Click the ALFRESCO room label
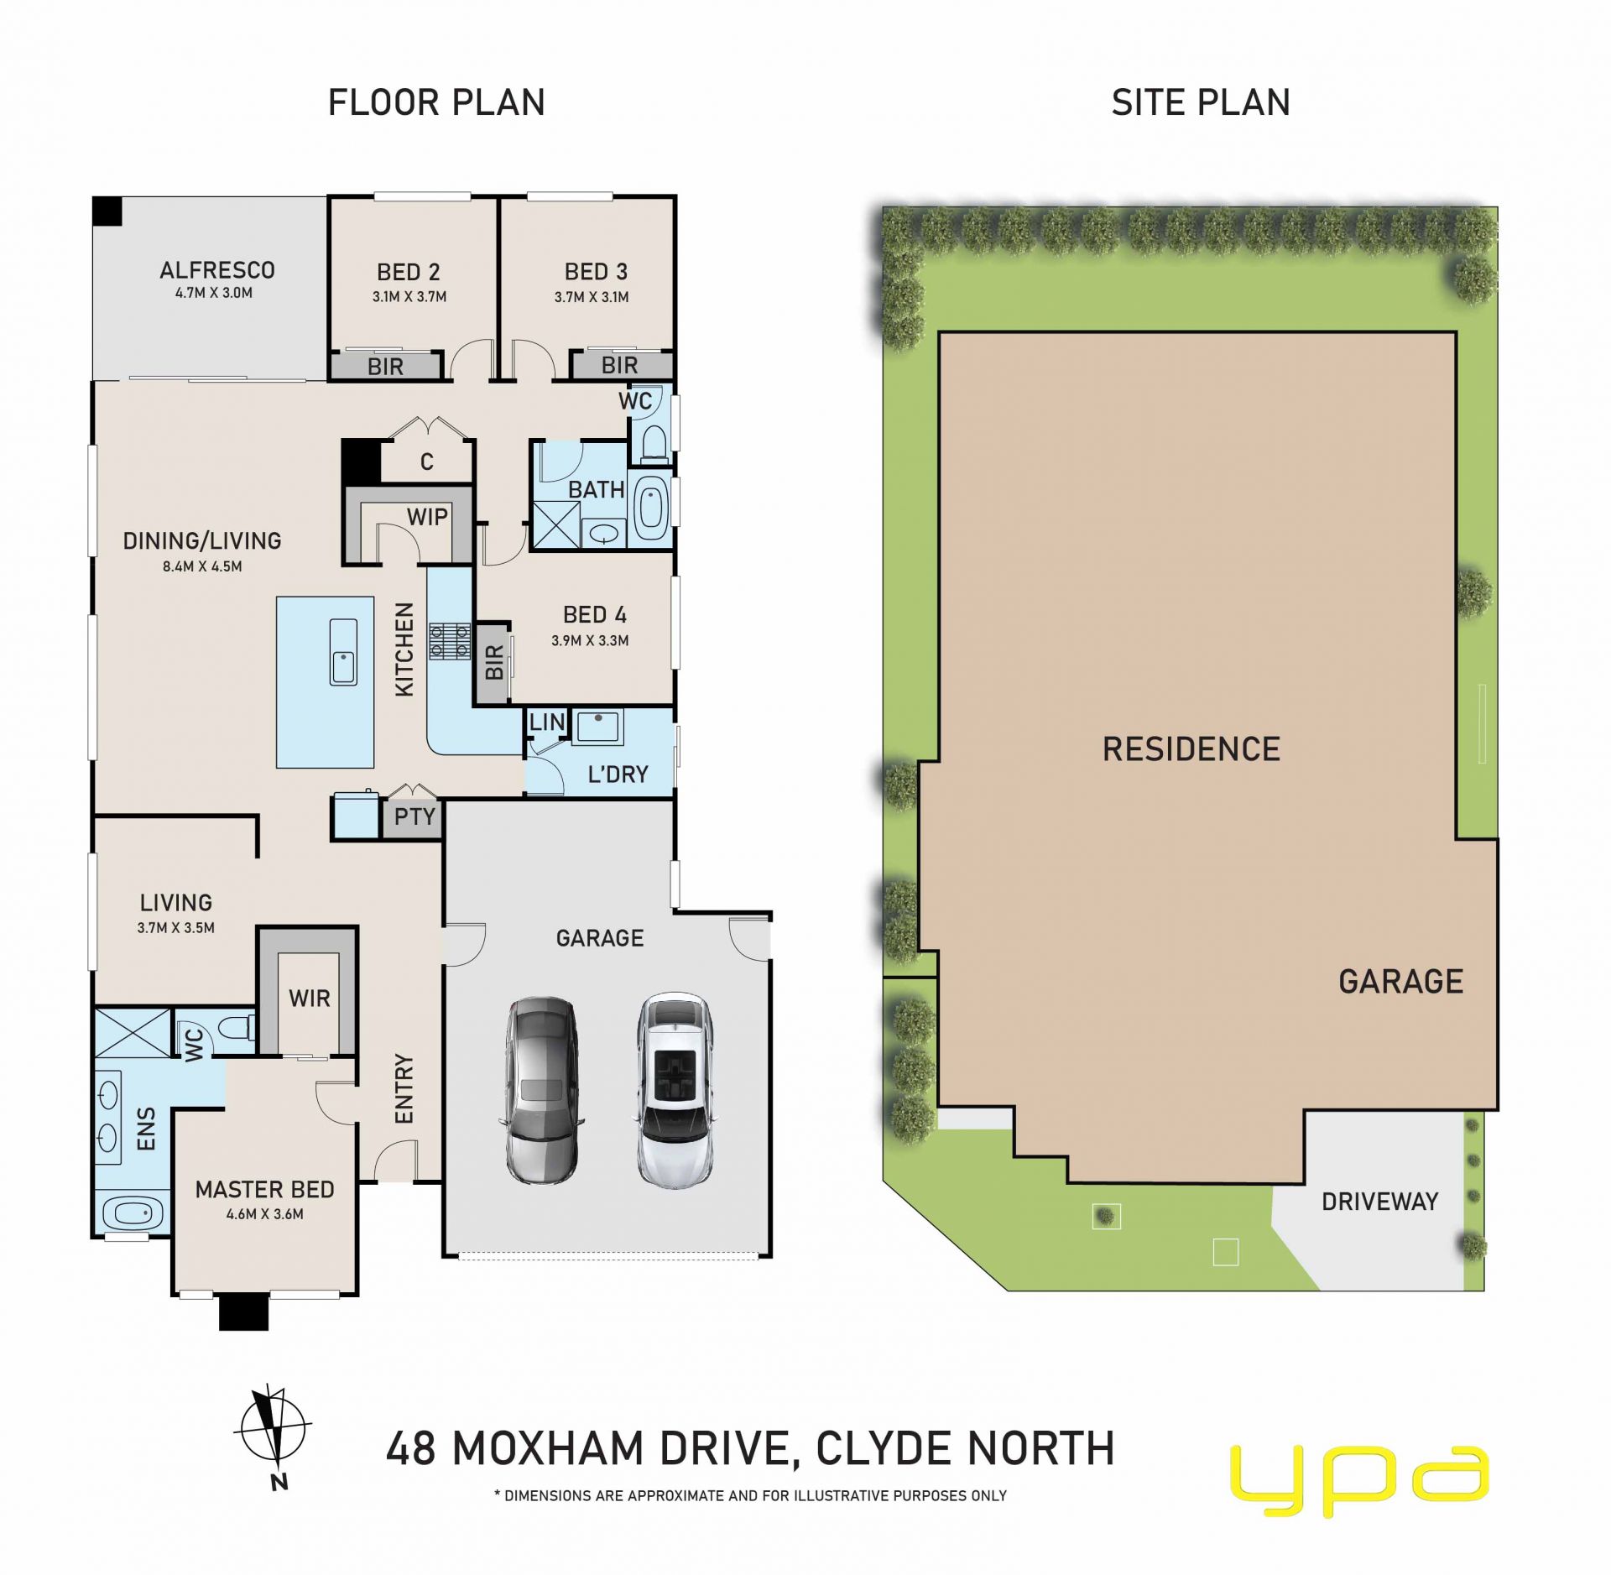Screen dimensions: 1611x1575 [x=217, y=270]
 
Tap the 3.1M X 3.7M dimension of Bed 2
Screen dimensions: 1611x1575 [x=409, y=297]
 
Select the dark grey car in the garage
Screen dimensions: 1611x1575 [x=542, y=1090]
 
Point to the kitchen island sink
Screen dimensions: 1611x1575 [x=343, y=652]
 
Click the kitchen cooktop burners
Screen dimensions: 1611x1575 [x=451, y=641]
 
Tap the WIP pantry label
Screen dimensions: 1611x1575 [x=427, y=518]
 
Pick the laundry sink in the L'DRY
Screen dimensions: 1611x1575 [x=597, y=727]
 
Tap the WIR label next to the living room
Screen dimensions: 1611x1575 [x=310, y=999]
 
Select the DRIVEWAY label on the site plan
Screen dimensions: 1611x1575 [x=1380, y=1202]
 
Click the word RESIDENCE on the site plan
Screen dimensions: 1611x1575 [x=1191, y=749]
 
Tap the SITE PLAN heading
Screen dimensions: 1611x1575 [x=1201, y=102]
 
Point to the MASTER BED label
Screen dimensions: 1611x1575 [x=265, y=1189]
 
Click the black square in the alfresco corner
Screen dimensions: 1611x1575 [x=107, y=211]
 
